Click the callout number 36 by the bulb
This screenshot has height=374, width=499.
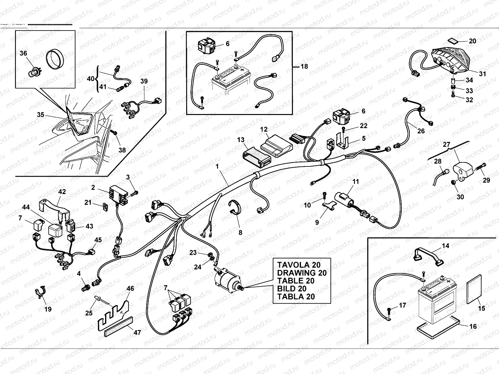tap(23, 53)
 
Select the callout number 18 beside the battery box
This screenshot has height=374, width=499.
tap(304, 66)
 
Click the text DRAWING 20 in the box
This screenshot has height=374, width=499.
tap(302, 273)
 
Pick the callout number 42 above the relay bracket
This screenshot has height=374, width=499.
tap(62, 192)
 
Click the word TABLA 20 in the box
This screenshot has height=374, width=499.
tap(296, 296)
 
